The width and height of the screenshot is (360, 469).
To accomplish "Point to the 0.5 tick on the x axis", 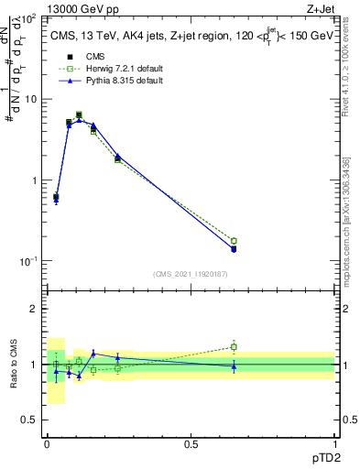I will click(x=191, y=443).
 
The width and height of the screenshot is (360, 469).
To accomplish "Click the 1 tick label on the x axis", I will click(x=334, y=443).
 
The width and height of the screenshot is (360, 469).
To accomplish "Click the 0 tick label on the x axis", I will click(x=48, y=443).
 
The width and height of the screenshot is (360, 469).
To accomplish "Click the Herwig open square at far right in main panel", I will click(x=234, y=241).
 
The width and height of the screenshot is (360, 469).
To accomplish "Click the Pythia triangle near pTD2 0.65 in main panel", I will click(x=234, y=248).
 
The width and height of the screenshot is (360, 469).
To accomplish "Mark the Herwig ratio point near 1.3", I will click(x=234, y=347).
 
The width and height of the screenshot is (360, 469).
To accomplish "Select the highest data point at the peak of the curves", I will click(x=79, y=115).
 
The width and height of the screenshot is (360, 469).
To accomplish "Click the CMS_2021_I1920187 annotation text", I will click(x=190, y=274).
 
